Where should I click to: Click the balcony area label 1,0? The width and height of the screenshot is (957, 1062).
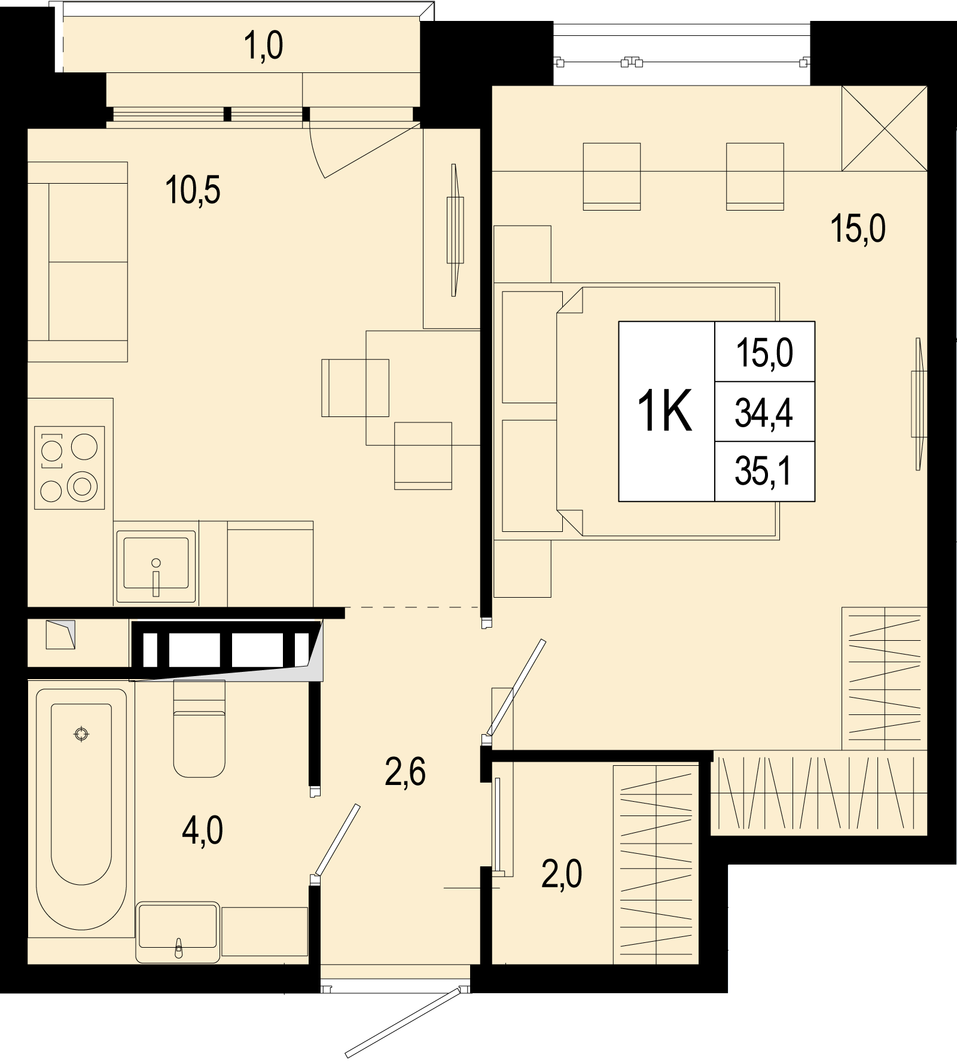click(264, 46)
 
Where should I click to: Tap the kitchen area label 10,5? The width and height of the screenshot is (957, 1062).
click(193, 190)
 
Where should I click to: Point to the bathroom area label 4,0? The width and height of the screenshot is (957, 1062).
click(203, 831)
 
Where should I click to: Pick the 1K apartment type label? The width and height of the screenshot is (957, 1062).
click(665, 410)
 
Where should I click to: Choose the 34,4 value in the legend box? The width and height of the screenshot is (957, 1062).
click(764, 412)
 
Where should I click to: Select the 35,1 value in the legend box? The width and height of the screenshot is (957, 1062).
click(764, 471)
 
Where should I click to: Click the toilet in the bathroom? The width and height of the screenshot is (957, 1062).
click(199, 728)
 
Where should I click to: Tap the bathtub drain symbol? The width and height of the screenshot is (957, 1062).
click(81, 734)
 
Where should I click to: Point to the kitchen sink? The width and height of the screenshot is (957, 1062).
click(156, 565)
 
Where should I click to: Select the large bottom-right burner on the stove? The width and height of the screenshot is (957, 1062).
click(82, 486)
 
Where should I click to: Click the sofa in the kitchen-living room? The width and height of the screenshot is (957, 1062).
click(78, 261)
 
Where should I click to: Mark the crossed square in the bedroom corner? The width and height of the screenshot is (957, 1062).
click(885, 129)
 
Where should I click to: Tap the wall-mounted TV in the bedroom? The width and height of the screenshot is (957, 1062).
click(918, 404)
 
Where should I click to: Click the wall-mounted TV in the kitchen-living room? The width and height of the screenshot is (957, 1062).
click(455, 230)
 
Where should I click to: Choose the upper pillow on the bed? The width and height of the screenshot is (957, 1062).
click(532, 347)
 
